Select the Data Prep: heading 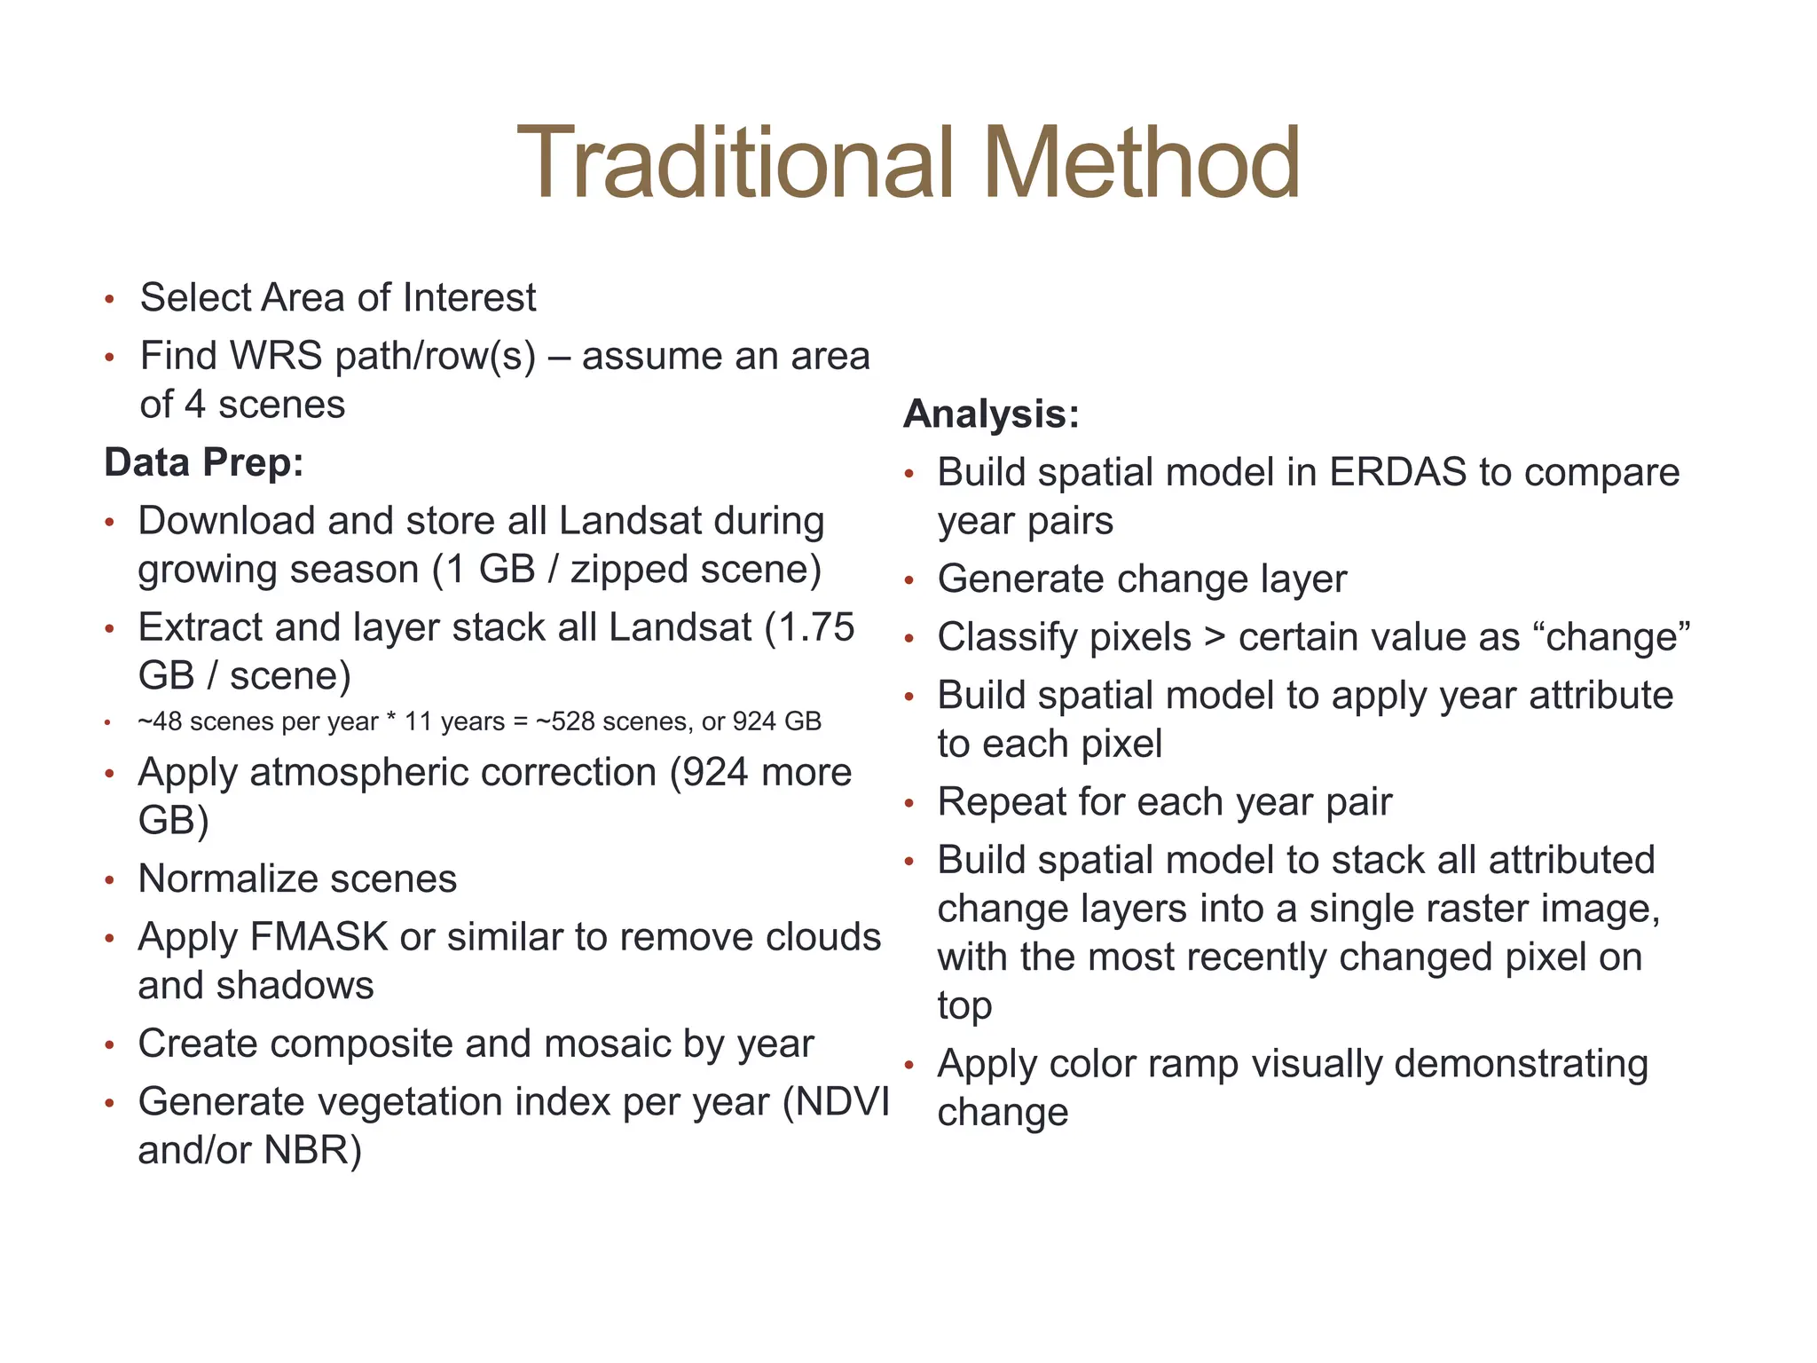pyautogui.click(x=204, y=462)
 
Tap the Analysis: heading pyautogui.click(x=991, y=414)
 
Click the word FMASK pyautogui.click(x=319, y=937)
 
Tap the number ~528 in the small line pyautogui.click(x=568, y=721)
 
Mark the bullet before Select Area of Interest pyautogui.click(x=109, y=299)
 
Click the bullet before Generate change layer pyautogui.click(x=908, y=581)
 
